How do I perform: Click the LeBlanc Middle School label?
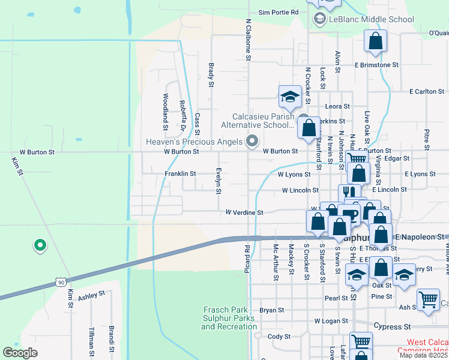click(x=372, y=19)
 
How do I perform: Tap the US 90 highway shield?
click(x=60, y=281)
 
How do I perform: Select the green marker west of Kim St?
click(x=40, y=245)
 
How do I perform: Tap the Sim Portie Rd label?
click(x=278, y=12)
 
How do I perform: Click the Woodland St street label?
click(x=166, y=112)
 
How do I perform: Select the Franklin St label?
click(x=180, y=173)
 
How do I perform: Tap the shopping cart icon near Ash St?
click(x=427, y=298)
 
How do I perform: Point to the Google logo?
click(x=20, y=352)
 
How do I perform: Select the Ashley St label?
click(x=91, y=295)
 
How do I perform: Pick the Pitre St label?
click(x=427, y=139)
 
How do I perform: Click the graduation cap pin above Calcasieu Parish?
click(x=290, y=97)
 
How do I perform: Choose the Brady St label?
click(x=211, y=76)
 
